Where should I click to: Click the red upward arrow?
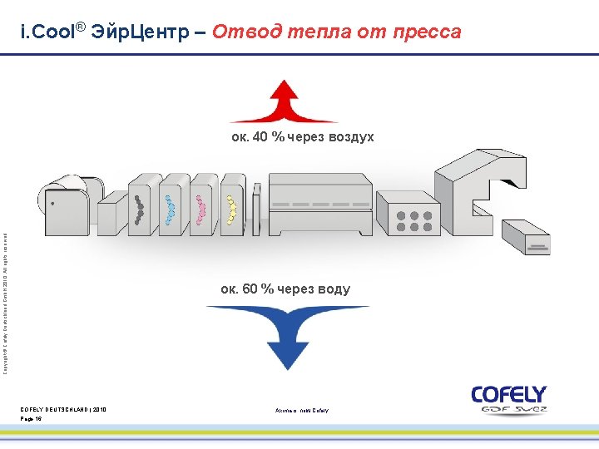[x=283, y=103]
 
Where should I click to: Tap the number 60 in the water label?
[x=248, y=289]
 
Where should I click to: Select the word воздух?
[x=345, y=137]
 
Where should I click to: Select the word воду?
[x=332, y=289]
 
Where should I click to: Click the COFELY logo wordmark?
[x=508, y=394]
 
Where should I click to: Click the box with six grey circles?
[x=407, y=215]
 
